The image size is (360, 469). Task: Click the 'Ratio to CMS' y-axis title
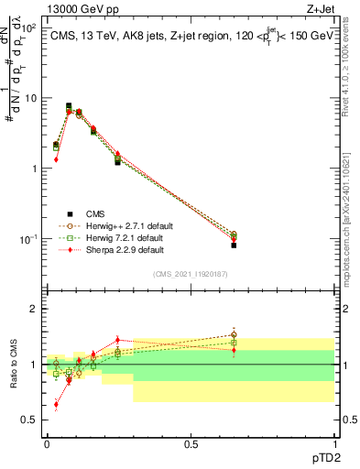pyautogui.click(x=14, y=365)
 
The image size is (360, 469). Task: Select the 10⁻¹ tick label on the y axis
pyautogui.click(x=27, y=239)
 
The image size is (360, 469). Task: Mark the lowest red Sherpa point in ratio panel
pyautogui.click(x=56, y=404)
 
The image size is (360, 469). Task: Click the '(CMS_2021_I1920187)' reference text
pyautogui.click(x=190, y=274)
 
